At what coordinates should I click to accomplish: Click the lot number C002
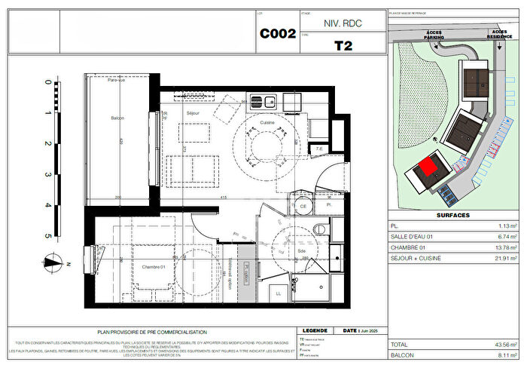tap(278, 33)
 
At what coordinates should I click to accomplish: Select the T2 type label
tap(343, 44)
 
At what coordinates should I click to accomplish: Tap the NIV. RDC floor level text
tap(343, 23)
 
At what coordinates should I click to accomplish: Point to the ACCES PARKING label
tap(434, 35)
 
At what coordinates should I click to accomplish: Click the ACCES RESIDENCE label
tap(495, 35)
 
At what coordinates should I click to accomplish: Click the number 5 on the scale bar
tap(48, 236)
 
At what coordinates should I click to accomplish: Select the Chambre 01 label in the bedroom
tap(153, 266)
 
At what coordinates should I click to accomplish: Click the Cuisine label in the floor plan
tap(267, 123)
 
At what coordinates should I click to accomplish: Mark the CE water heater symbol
tap(303, 204)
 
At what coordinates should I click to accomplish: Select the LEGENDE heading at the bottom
tap(314, 330)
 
